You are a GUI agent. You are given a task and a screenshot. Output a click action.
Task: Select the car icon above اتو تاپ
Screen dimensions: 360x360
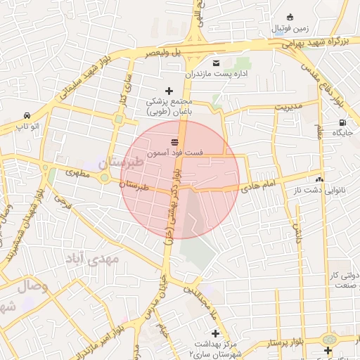point(27,115)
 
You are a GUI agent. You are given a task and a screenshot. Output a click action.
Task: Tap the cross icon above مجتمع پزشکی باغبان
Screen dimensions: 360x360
point(169,91)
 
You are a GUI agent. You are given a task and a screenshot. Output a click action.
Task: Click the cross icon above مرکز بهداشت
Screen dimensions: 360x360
point(215,333)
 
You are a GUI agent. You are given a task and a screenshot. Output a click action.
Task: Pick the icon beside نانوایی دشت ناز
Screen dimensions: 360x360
point(319,179)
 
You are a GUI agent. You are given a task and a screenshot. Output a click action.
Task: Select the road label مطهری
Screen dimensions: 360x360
point(78,172)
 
